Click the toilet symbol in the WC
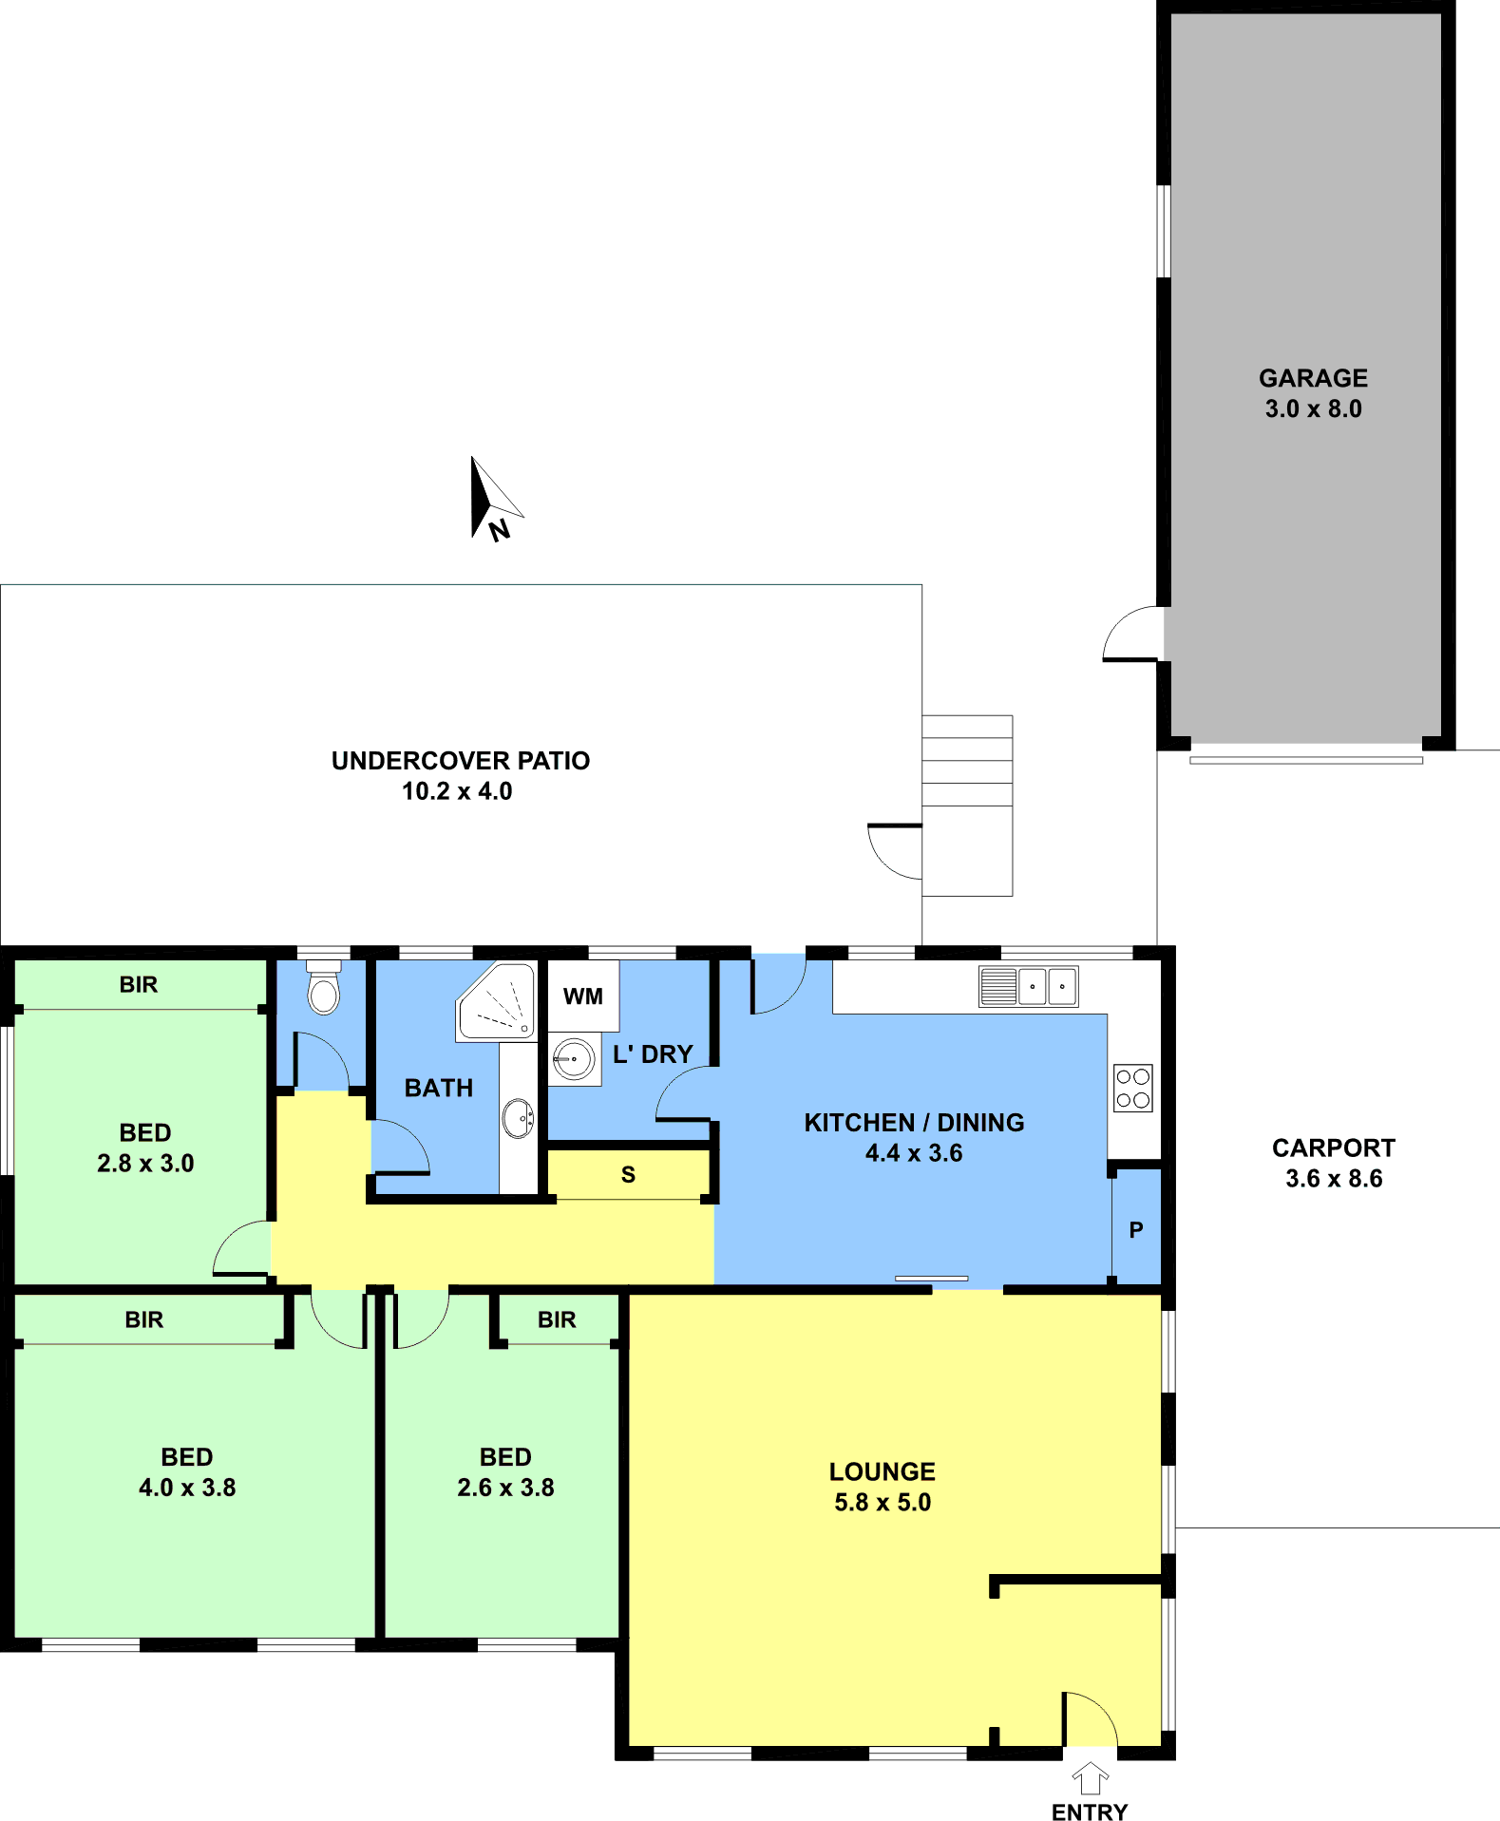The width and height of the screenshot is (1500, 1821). [324, 987]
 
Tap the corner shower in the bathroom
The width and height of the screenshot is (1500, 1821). [497, 1002]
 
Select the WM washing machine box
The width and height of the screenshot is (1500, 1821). [583, 996]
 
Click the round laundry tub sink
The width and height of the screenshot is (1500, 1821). [574, 1058]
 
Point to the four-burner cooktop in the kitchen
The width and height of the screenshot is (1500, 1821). [1133, 1088]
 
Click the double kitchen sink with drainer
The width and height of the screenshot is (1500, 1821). [1029, 986]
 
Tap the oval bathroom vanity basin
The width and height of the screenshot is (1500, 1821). [518, 1117]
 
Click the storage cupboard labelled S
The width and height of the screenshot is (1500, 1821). [629, 1174]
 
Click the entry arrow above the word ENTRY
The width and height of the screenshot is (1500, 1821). [1091, 1778]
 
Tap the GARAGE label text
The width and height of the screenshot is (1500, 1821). [1313, 378]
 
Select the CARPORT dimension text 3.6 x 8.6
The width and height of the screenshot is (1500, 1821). [1334, 1179]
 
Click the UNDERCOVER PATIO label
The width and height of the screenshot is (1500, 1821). [461, 761]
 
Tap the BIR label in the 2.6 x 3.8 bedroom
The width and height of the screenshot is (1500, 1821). [557, 1319]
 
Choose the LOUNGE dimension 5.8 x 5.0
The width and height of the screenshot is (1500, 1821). [883, 1503]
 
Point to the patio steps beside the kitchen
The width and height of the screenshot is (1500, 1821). [967, 806]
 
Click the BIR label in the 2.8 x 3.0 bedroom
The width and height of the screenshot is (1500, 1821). [139, 984]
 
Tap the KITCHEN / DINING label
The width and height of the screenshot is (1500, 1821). [915, 1123]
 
